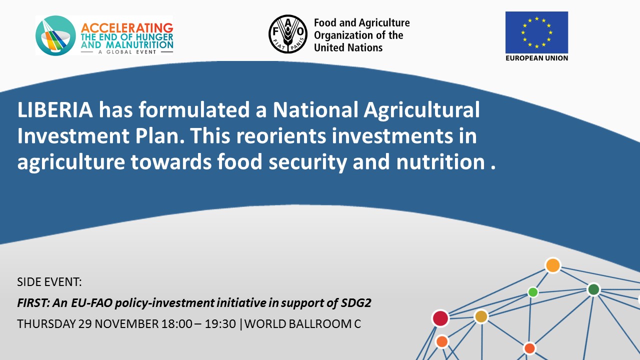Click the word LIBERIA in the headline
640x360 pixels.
[55, 109]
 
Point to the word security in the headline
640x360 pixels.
[307, 162]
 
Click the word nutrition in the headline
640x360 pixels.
[440, 162]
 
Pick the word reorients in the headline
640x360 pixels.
[281, 135]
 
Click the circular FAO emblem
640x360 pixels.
[288, 34]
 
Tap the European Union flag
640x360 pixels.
[536, 32]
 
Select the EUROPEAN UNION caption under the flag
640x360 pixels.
[536, 58]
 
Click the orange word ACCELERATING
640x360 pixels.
[127, 28]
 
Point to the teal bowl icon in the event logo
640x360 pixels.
[55, 35]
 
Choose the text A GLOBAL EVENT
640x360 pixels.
[127, 52]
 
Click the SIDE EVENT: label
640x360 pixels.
[49, 282]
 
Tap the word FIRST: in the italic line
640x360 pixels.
[33, 303]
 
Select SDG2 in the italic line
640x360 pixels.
[356, 303]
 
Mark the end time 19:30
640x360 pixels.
[220, 324]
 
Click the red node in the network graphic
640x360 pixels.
[440, 318]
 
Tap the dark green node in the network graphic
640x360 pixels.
[593, 289]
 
